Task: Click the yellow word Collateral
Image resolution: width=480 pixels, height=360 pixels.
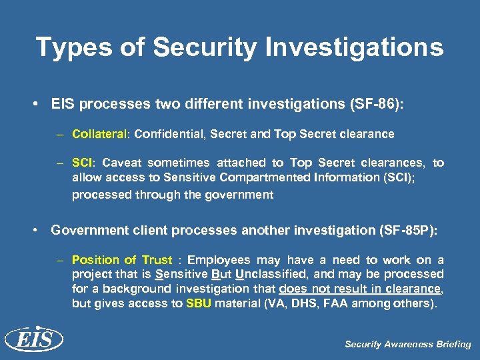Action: tap(100, 134)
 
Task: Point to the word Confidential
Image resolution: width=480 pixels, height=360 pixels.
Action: tap(169, 134)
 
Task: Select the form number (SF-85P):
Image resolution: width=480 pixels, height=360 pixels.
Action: tap(407, 231)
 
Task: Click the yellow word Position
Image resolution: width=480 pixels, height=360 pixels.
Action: tap(95, 260)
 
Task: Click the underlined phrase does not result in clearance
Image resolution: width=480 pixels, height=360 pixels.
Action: tap(361, 289)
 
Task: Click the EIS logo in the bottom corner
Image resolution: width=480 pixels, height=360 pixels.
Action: tap(33, 340)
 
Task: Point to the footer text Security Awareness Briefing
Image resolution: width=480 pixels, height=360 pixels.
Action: tap(407, 345)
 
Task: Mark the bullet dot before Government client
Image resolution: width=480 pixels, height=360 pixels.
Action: tap(39, 231)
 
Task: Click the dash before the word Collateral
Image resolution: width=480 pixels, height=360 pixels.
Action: tap(59, 135)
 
